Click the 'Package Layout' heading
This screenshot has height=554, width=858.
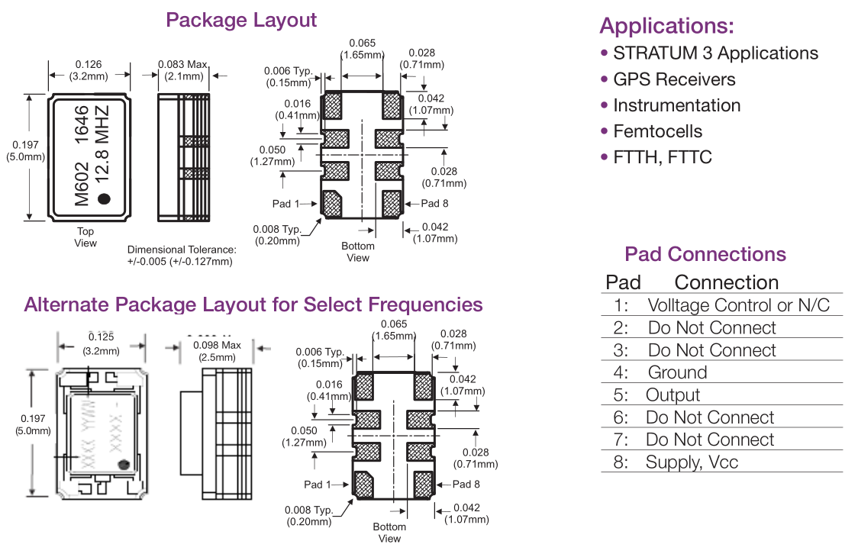click(241, 20)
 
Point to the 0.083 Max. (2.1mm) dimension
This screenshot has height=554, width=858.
click(183, 70)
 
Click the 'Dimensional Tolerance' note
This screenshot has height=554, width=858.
click(180, 256)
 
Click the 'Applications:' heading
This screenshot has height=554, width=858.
click(666, 26)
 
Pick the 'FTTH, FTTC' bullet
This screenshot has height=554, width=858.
click(662, 157)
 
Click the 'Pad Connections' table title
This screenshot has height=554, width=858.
click(705, 255)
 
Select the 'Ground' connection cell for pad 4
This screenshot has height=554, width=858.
click(677, 372)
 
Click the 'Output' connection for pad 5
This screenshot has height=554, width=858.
click(673, 395)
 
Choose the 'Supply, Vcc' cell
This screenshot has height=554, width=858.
click(692, 462)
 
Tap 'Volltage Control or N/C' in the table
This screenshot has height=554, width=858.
click(738, 305)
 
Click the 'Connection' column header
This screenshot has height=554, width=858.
click(726, 282)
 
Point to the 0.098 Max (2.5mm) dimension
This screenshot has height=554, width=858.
click(219, 351)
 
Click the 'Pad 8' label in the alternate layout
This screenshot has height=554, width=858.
click(466, 484)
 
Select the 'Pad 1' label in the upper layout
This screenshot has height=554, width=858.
click(285, 204)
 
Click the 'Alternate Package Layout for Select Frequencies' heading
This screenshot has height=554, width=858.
click(253, 304)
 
